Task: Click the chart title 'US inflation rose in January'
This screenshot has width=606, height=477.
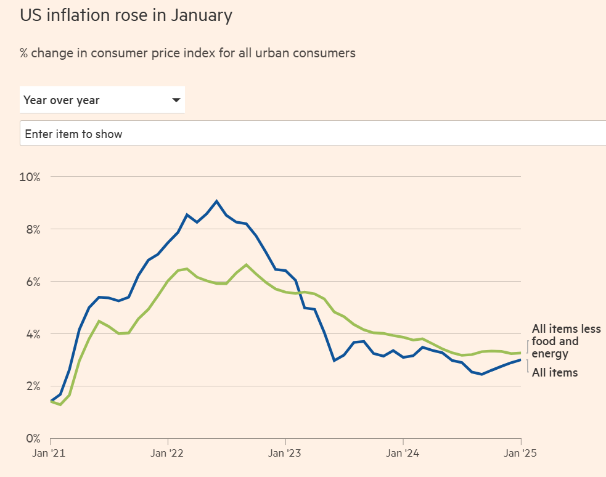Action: (126, 15)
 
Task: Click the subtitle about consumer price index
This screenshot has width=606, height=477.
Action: (187, 53)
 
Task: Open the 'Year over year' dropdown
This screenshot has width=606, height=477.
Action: (102, 100)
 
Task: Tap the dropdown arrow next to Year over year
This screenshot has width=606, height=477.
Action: (176, 100)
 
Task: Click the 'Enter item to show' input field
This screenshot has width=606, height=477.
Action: (308, 134)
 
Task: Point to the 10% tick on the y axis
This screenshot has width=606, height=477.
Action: (30, 177)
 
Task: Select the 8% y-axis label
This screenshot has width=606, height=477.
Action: (32, 230)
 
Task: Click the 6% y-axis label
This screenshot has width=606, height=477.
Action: (32, 282)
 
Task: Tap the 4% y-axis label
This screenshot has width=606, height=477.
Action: (32, 335)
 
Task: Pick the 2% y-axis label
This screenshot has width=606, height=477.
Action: (32, 387)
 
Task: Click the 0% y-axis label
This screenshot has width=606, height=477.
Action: (32, 439)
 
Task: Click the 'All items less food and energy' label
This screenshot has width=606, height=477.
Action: (565, 341)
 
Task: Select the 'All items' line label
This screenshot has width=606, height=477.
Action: (555, 372)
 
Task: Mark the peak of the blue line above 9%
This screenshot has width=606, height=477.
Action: (216, 201)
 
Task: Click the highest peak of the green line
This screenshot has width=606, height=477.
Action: (246, 265)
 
